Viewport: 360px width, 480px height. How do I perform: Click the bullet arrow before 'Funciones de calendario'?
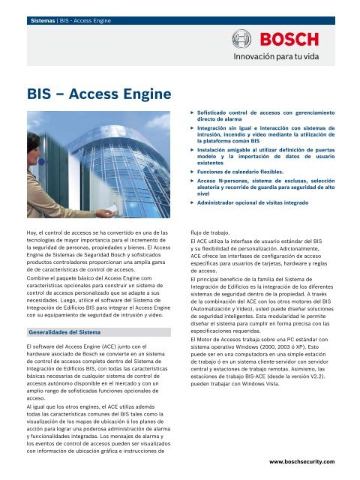(192, 172)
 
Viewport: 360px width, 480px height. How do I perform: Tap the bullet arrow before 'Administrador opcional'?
(192, 203)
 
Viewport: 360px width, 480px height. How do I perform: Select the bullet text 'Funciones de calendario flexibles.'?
(240, 172)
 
